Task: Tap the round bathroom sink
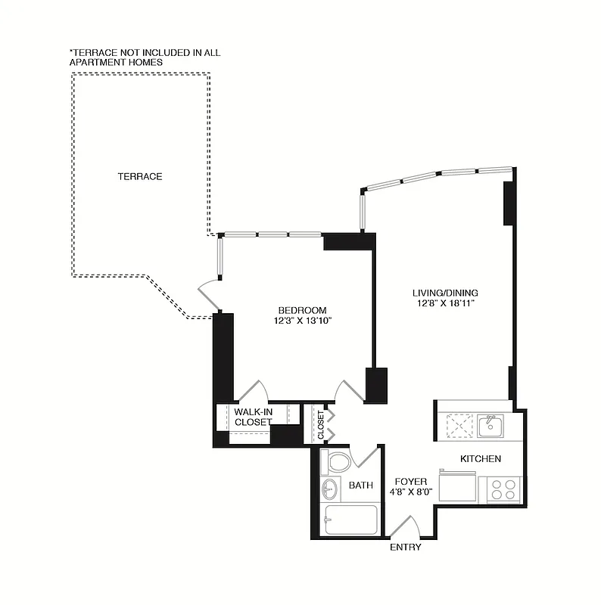[331, 489]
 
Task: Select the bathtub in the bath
[349, 520]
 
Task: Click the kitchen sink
[490, 426]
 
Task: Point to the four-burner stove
[503, 489]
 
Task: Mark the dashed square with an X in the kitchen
[459, 426]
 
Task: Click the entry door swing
[406, 526]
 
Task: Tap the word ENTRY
[406, 547]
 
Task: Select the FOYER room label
[411, 482]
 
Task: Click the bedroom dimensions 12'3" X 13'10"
[302, 321]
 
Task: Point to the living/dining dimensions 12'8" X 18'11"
[445, 303]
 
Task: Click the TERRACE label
[140, 176]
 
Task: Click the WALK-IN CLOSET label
[253, 417]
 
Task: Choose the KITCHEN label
[481, 459]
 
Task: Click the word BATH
[360, 486]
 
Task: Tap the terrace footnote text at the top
[145, 57]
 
